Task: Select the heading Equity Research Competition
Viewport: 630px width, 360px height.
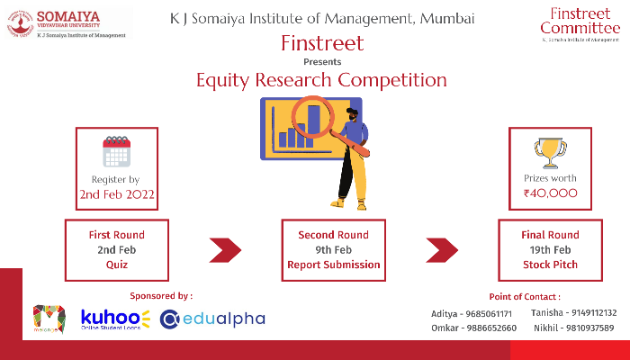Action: pos(321,80)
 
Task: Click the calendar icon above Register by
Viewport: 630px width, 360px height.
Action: pos(116,152)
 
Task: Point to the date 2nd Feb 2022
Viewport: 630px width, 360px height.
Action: pos(116,194)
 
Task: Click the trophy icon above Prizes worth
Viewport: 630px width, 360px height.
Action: pos(550,149)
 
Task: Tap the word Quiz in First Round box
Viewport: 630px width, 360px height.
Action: pos(116,265)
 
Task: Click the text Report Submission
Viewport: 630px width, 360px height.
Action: pos(333,265)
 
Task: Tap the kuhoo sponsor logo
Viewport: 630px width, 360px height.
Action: pos(116,319)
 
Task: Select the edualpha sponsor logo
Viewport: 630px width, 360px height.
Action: pos(212,319)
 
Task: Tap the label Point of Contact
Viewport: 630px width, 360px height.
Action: pos(525,296)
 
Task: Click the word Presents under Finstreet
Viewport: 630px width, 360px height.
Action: pos(322,61)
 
